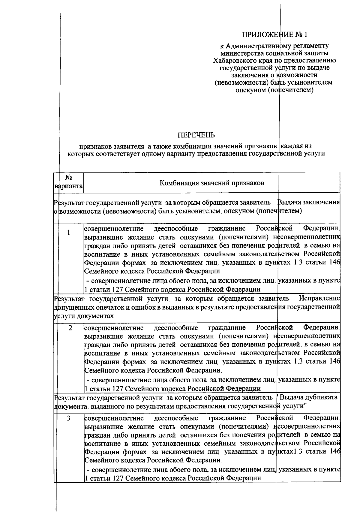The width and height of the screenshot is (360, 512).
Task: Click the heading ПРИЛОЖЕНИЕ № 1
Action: click(x=275, y=35)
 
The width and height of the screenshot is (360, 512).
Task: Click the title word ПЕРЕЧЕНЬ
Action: click(x=196, y=135)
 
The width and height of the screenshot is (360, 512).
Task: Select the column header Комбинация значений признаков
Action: click(x=211, y=183)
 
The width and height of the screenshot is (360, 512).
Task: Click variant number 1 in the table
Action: click(x=69, y=233)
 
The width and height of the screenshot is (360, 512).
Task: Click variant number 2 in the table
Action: click(x=70, y=328)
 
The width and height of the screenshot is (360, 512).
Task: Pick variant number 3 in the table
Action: click(x=69, y=418)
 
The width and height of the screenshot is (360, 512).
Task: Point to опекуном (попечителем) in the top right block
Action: click(x=274, y=90)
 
